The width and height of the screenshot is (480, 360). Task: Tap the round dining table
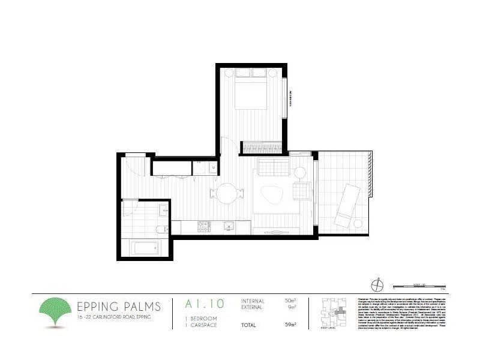[227, 193]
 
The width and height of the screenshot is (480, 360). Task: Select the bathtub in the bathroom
[144, 247]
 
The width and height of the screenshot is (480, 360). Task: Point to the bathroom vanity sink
[164, 210]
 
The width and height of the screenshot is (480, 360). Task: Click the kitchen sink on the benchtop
[229, 226]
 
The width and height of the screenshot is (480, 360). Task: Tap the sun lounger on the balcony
[348, 203]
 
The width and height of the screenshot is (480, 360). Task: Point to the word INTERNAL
[253, 301]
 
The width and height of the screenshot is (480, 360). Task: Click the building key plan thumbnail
[334, 310]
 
